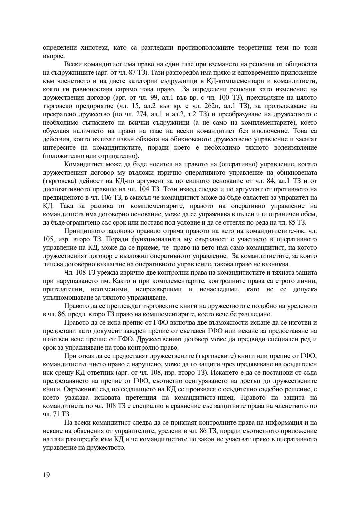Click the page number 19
[46, 475]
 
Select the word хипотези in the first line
[80, 48]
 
